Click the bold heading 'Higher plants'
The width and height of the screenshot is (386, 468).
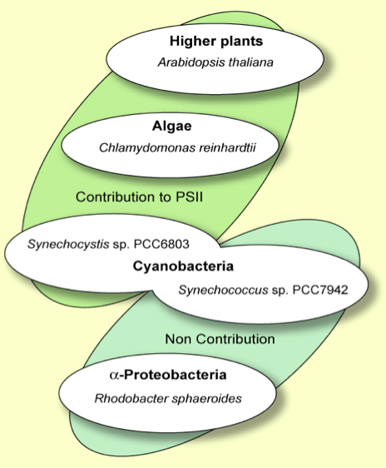pos(216,41)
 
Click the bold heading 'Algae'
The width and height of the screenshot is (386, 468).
pos(171,127)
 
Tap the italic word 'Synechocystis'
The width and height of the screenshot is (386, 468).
pos(68,245)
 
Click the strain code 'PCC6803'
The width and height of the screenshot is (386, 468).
pos(161,244)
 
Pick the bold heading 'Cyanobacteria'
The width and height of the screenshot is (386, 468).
pos(183,266)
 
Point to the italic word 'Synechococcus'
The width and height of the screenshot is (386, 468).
pos(223,290)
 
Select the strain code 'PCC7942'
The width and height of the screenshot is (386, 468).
pos(320,290)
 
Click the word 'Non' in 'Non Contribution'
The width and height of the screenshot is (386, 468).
pos(178,339)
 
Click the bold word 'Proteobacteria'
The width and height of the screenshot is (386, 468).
pos(176,375)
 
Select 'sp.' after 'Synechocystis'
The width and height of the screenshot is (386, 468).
pos(121,245)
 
